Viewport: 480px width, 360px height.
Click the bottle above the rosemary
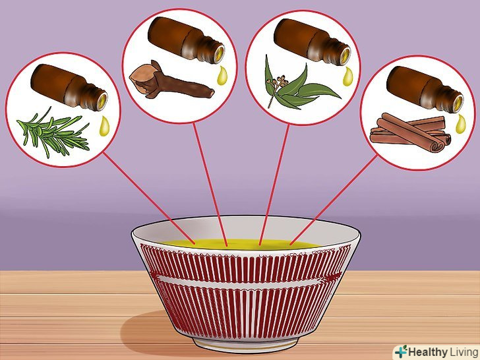pyautogui.click(x=69, y=87)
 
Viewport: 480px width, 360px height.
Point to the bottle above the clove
pyautogui.click(x=186, y=40)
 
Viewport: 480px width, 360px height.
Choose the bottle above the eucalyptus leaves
pyautogui.click(x=312, y=42)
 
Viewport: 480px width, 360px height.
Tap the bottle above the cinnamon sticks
pyautogui.click(x=425, y=89)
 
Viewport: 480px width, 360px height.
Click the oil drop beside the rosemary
pyautogui.click(x=104, y=126)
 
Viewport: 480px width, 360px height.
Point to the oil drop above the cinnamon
pyautogui.click(x=460, y=124)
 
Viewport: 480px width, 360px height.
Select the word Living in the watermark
pyautogui.click(x=464, y=352)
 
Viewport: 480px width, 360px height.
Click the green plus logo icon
pyautogui.click(x=401, y=351)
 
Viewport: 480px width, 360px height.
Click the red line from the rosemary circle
pyautogui.click(x=149, y=198)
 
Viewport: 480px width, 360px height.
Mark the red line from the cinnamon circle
pyautogui.click(x=334, y=200)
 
